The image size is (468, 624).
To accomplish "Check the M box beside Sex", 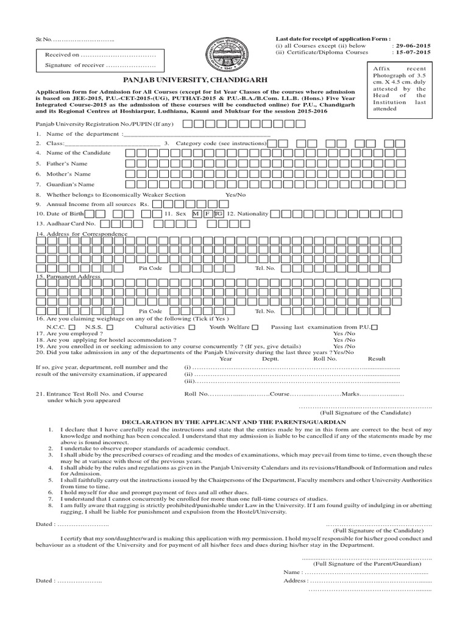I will [x=196, y=214].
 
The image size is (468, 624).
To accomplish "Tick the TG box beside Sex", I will [x=218, y=214].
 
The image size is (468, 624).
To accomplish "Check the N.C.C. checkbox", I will [x=73, y=328].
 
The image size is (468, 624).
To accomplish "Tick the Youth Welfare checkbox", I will [x=255, y=328].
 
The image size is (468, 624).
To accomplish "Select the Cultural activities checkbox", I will [x=191, y=328].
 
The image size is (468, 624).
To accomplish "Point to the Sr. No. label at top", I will [x=44, y=40].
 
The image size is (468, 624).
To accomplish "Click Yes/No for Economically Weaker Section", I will [x=235, y=194].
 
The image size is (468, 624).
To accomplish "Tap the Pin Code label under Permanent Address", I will [x=151, y=311].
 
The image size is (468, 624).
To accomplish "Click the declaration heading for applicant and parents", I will [x=233, y=422].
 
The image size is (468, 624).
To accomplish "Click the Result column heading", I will [x=377, y=359].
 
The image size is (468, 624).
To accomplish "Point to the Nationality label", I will [x=247, y=214].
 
